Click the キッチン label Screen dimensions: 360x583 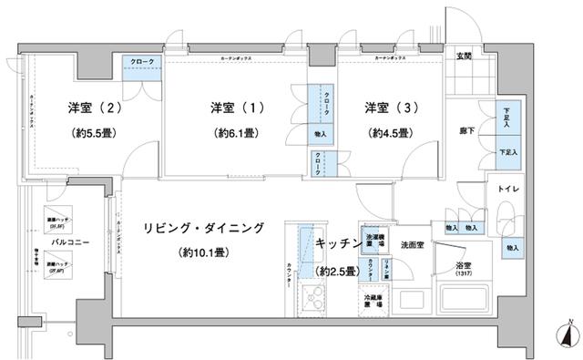click(336, 243)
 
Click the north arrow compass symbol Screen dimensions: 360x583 click(568, 334)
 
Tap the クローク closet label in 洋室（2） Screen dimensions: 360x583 click(141, 61)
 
